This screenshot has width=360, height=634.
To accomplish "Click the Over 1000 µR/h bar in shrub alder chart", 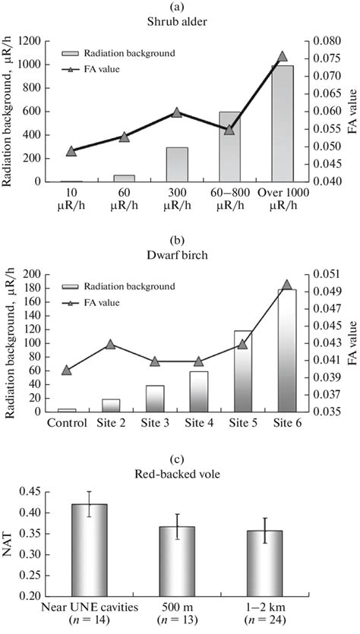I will [282, 124].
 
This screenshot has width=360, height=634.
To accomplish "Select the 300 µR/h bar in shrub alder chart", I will [176, 165].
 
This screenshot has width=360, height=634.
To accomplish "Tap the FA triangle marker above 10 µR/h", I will [71, 151].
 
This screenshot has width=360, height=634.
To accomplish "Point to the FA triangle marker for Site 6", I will [286, 285].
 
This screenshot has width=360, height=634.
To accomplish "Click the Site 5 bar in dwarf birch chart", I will [242, 372].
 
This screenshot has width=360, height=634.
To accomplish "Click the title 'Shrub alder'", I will [179, 21].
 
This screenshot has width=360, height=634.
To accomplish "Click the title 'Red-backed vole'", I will [179, 476].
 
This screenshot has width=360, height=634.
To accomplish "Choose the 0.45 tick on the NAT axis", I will [27, 491].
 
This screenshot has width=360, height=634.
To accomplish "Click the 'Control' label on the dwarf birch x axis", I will [66, 422].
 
